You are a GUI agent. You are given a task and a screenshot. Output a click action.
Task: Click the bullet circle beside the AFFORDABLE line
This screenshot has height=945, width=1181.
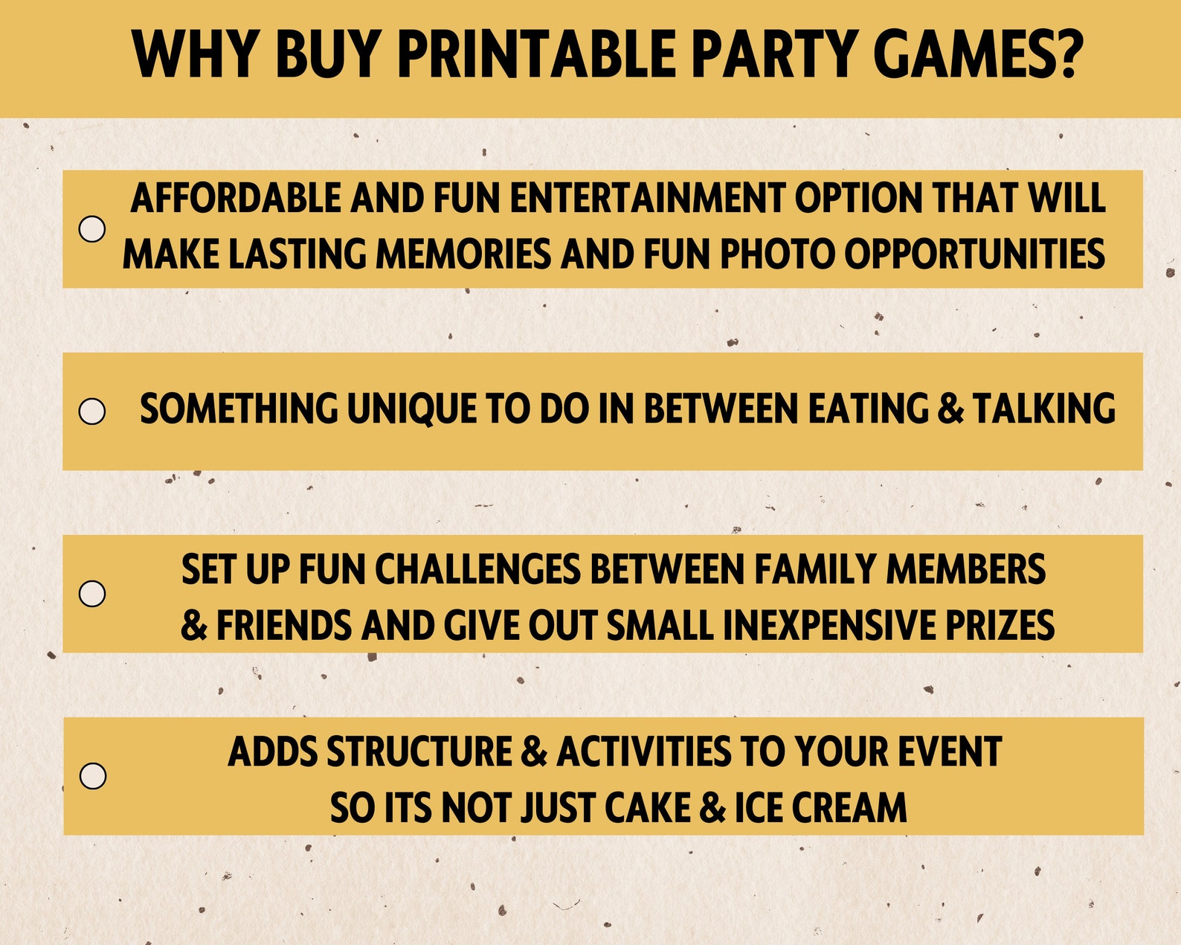(x=92, y=228)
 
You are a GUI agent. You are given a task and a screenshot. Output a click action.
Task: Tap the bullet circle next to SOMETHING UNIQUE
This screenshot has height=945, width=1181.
(x=92, y=411)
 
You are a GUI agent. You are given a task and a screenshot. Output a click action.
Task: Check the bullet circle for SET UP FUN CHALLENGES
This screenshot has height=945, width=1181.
(x=92, y=593)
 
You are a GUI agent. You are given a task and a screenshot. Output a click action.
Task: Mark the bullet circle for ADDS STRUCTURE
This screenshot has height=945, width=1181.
(x=93, y=775)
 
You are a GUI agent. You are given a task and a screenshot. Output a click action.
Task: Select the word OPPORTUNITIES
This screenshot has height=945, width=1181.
(x=974, y=254)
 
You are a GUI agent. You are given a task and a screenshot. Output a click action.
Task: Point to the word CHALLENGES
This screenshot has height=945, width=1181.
(x=477, y=570)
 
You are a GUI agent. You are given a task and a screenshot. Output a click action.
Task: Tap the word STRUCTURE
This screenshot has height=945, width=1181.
(x=419, y=752)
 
